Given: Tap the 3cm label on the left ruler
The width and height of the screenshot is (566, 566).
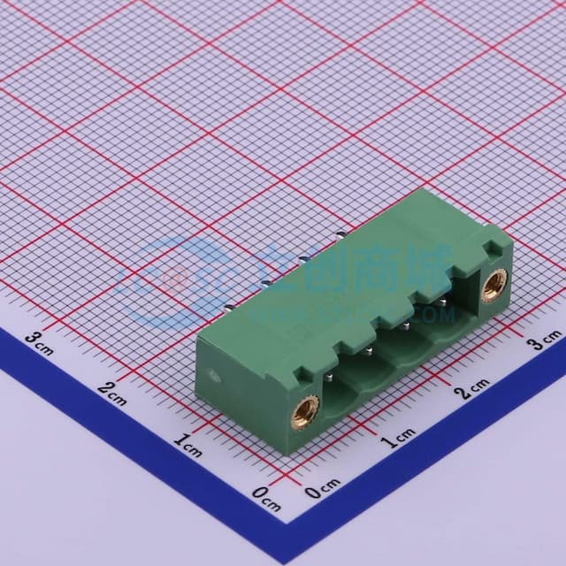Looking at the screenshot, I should tap(39, 340).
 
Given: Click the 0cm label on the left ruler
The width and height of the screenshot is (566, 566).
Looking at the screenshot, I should tap(266, 496).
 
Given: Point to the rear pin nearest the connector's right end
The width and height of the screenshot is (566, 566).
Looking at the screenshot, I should tap(343, 235).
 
